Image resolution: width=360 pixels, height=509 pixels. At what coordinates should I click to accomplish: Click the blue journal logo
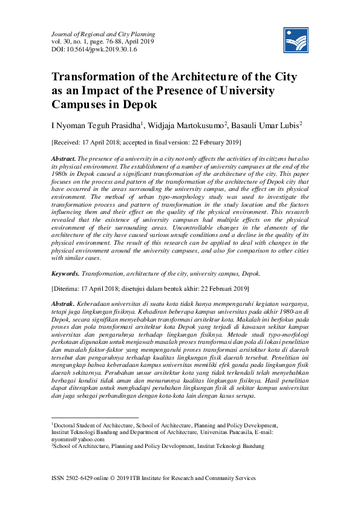coord(296,41)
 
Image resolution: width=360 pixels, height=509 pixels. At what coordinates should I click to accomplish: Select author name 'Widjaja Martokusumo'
coord(187,125)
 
